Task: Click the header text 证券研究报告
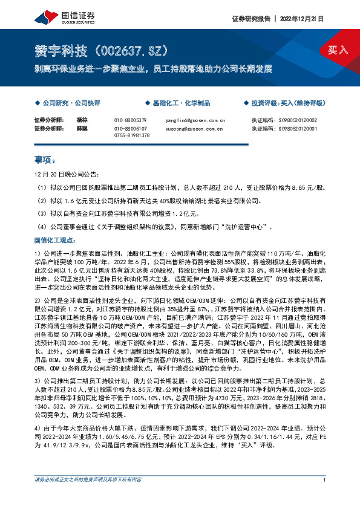[x=251, y=19]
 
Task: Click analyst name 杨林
[x=83, y=120]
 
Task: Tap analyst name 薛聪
[x=83, y=129]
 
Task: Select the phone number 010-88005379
[x=131, y=120]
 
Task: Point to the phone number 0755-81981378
[x=131, y=136]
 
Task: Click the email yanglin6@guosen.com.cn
[x=195, y=120]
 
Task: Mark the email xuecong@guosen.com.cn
[x=195, y=129]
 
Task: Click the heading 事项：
[x=44, y=161]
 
